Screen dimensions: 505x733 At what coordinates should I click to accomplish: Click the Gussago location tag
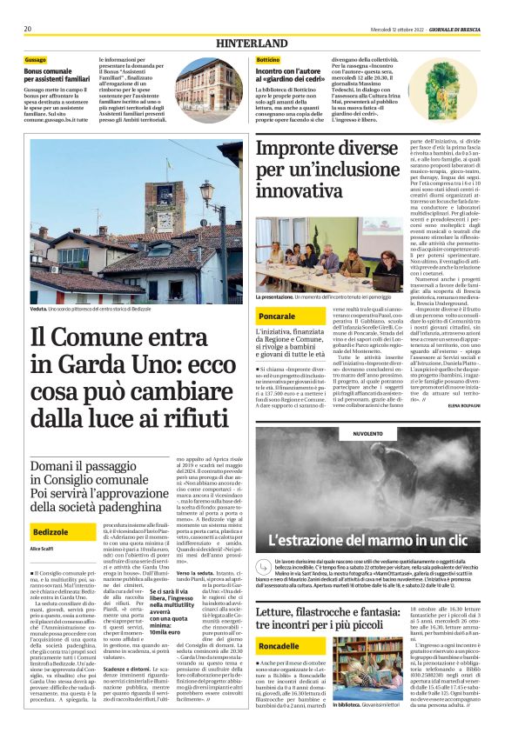pyautogui.click(x=35, y=59)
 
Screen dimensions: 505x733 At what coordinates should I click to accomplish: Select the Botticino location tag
pyautogui.click(x=268, y=59)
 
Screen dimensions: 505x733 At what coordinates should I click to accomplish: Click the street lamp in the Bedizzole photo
pyautogui.click(x=208, y=190)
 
